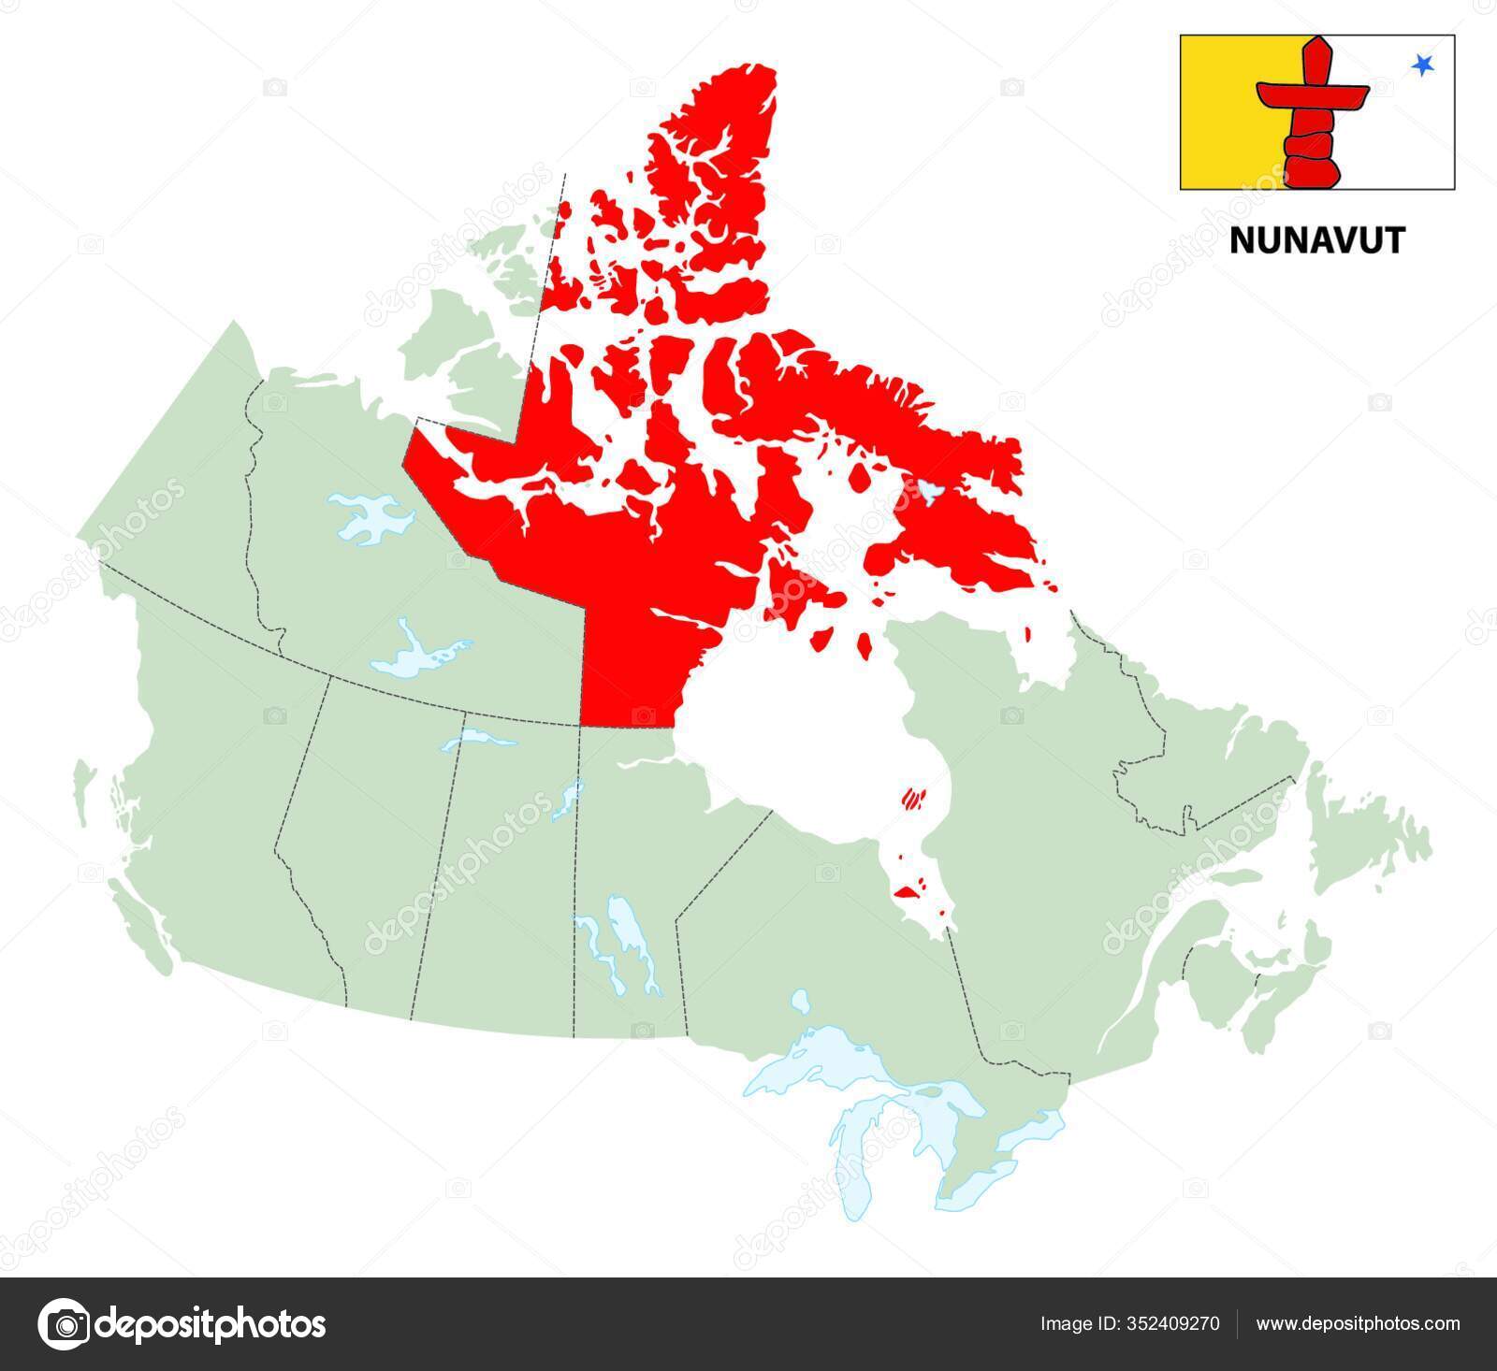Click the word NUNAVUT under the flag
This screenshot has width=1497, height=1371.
click(1316, 241)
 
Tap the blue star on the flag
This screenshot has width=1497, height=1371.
click(1422, 65)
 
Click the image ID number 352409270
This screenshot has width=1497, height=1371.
click(1173, 1323)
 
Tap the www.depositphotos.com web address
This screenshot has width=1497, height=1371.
click(1358, 1323)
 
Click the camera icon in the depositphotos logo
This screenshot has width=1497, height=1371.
click(63, 1324)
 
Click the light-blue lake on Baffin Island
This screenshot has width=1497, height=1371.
click(927, 489)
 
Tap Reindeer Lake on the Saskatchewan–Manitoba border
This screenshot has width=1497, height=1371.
click(566, 801)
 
